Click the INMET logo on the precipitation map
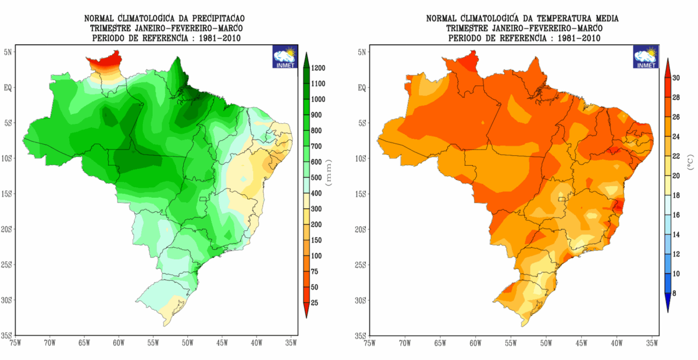[x=285, y=56]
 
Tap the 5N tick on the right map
[x=362, y=52]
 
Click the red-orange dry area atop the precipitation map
[x=105, y=62]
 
